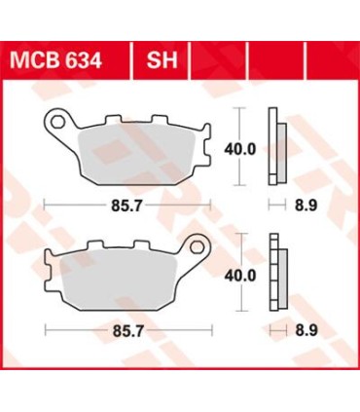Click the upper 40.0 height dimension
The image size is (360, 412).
[241, 148]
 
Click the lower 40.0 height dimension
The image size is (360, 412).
[241, 276]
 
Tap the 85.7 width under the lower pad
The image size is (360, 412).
[122, 333]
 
